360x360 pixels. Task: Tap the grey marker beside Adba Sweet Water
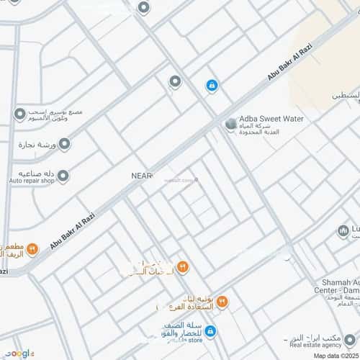230,125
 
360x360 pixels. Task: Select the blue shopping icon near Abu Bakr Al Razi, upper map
212,86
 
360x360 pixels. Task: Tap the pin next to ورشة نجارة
64,144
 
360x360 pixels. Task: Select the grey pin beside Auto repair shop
63,176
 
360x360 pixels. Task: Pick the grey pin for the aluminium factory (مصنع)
19,114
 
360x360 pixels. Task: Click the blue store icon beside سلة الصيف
210,331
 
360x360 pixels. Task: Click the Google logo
18,353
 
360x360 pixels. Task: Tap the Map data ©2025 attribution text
334,354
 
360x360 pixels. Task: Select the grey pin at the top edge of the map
143,8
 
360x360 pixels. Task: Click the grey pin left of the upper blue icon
174,82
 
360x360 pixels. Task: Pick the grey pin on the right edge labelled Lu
343,231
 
